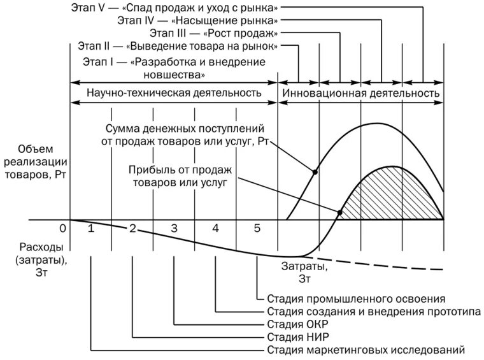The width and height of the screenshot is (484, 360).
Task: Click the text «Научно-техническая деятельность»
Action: tap(174, 92)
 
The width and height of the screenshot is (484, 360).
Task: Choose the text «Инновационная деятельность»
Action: tap(360, 92)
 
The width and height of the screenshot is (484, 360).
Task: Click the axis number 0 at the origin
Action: tap(62, 228)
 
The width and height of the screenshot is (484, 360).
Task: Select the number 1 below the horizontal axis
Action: tap(90, 228)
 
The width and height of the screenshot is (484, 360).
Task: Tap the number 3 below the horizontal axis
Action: tap(174, 228)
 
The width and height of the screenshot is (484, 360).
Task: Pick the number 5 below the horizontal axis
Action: tap(257, 228)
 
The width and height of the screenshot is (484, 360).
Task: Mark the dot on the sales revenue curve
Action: tap(314, 172)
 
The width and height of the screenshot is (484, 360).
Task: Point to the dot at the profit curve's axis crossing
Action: tap(339, 213)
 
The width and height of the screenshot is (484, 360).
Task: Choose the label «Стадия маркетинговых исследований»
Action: tap(366, 350)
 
